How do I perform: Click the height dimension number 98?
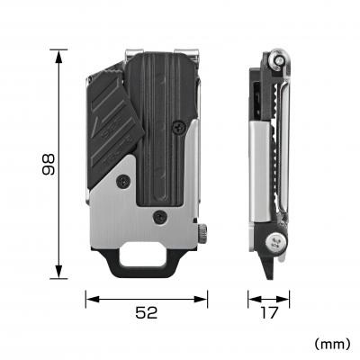50,164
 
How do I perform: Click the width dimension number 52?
148,312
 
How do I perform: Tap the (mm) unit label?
332,344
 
